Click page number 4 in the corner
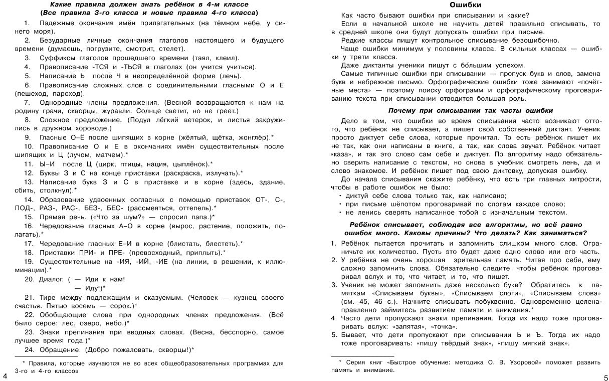tap(5, 376)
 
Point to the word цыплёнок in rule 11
tap(189, 163)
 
